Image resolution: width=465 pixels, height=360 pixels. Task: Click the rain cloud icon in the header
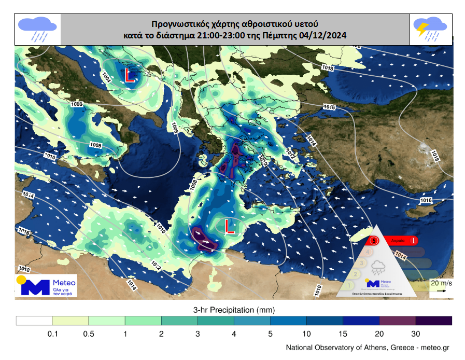(37, 29)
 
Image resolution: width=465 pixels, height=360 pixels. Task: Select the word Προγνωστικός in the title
(178, 24)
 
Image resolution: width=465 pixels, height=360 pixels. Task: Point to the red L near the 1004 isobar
(130, 78)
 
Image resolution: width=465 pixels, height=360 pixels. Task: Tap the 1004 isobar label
(106, 78)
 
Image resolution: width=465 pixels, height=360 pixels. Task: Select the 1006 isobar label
(77, 104)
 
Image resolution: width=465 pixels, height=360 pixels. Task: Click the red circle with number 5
(374, 240)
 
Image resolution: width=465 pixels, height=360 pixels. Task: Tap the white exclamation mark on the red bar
(413, 241)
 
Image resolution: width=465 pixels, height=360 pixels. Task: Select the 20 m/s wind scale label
(441, 283)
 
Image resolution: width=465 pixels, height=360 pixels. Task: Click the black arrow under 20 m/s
(441, 291)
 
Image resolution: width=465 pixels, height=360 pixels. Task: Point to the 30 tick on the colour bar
(416, 334)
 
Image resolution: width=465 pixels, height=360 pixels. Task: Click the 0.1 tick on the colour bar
(52, 334)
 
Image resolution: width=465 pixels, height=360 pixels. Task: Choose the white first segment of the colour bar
(34, 321)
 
